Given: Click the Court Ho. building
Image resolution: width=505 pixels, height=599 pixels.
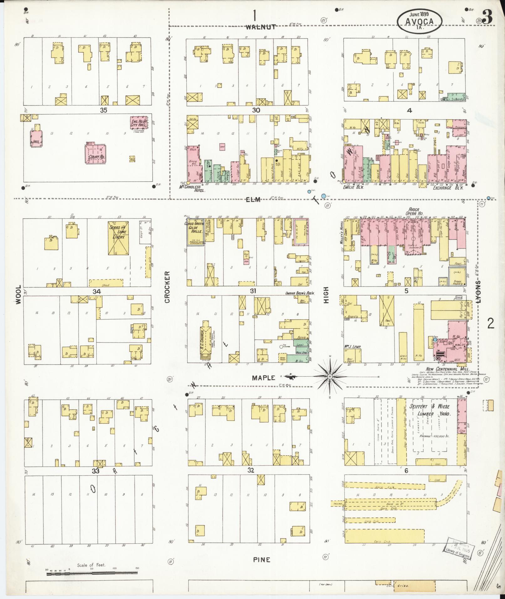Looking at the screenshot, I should click(x=95, y=153).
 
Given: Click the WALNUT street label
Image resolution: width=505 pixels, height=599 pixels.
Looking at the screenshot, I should click(x=260, y=27).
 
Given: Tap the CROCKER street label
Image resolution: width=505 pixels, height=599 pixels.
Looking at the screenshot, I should click(x=167, y=287).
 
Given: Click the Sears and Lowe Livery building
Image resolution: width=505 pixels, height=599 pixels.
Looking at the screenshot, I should click(x=118, y=239).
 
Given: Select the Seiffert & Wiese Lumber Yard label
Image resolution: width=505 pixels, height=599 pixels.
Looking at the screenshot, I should click(x=430, y=410).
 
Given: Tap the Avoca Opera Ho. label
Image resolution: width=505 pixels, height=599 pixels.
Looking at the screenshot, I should click(x=415, y=211).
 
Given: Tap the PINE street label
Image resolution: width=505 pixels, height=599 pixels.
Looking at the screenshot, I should click(x=261, y=560).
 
